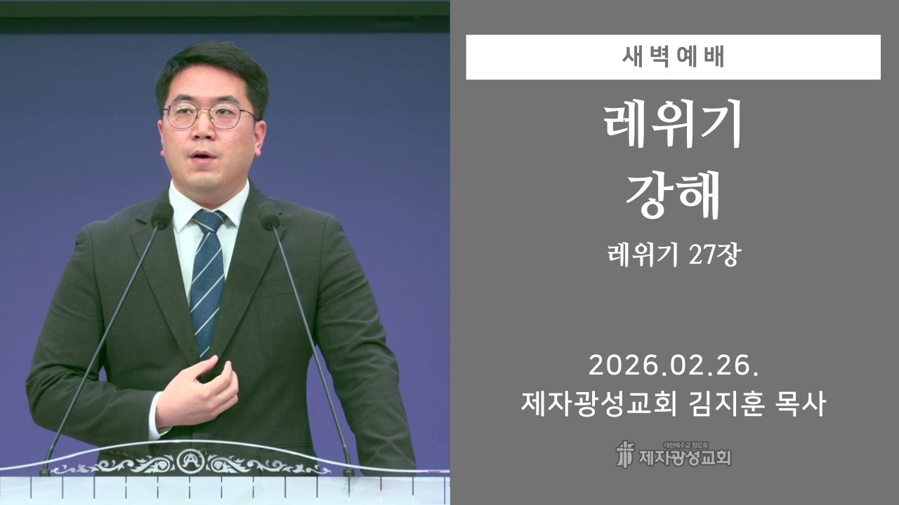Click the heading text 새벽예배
point(673,58)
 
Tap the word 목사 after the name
point(801,404)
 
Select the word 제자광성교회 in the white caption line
point(599,404)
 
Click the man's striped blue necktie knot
point(209,221)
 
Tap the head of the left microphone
point(162,215)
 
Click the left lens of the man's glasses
point(181,116)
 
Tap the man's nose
point(204,132)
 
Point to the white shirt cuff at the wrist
point(155,418)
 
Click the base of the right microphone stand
point(348,469)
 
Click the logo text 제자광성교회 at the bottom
point(684,458)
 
